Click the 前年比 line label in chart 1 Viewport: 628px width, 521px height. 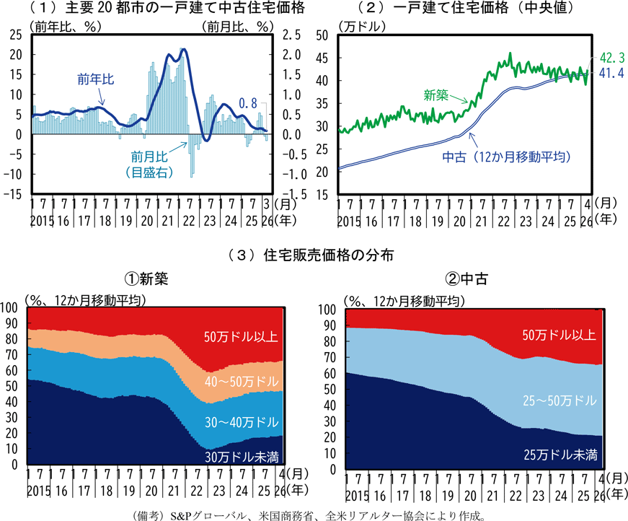[x=96, y=79]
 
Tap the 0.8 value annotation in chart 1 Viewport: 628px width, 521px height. [x=248, y=103]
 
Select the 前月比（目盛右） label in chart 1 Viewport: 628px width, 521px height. [x=149, y=165]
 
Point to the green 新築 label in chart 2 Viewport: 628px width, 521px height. [x=435, y=95]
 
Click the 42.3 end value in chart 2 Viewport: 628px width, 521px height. [x=612, y=58]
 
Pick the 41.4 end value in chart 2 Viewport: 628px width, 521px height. [x=611, y=73]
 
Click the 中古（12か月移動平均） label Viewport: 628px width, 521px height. [x=507, y=157]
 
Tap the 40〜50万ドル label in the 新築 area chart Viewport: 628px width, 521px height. [x=242, y=381]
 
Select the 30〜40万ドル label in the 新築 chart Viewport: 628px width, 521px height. [x=242, y=422]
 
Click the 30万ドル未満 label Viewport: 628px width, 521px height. [x=242, y=457]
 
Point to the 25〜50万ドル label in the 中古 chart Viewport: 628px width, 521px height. [x=560, y=400]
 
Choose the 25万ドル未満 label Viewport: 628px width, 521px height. [x=560, y=455]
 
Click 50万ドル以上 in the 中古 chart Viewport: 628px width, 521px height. [x=559, y=335]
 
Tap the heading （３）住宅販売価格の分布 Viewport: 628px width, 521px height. [x=311, y=255]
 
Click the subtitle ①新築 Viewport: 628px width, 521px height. [x=146, y=279]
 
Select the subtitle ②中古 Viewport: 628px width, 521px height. [x=466, y=279]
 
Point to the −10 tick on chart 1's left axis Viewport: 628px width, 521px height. [x=13, y=175]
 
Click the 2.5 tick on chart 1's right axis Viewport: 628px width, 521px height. [x=291, y=35]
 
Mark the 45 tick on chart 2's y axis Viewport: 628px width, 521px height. [x=322, y=58]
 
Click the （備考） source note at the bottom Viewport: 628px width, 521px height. [x=309, y=516]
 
